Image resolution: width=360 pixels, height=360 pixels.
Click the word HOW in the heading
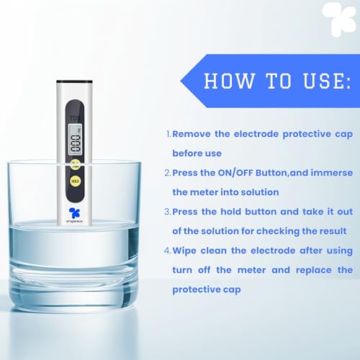[225, 80]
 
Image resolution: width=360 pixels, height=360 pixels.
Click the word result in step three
[332, 230]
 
